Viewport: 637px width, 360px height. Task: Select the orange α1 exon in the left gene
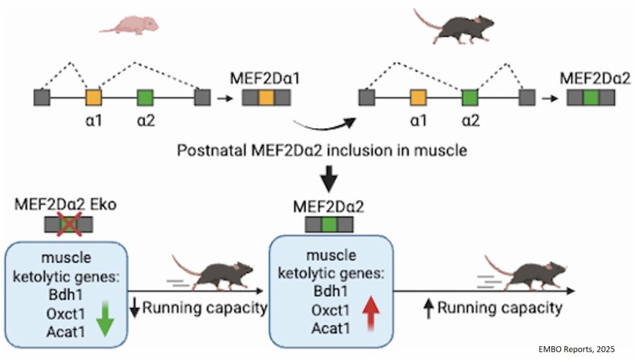pyautogui.click(x=93, y=98)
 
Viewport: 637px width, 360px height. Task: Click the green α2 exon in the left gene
pyautogui.click(x=145, y=98)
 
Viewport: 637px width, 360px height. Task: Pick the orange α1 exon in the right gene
pyautogui.click(x=418, y=98)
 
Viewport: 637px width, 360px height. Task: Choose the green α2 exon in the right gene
pyautogui.click(x=470, y=98)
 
